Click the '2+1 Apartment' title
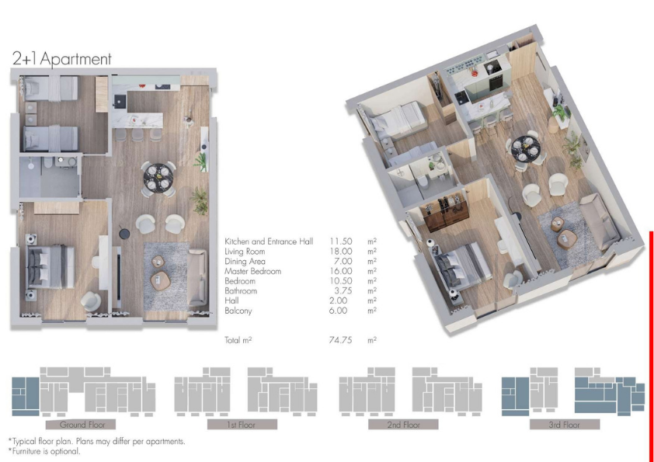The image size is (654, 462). (62, 59)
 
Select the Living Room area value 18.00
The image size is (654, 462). (341, 252)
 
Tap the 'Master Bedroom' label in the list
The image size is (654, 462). (252, 272)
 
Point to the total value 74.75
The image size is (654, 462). (340, 340)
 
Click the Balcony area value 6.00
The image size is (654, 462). (338, 311)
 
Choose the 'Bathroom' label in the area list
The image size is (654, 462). (241, 291)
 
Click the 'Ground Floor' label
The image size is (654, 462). (82, 425)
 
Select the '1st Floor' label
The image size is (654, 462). (242, 425)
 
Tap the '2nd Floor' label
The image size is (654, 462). (403, 425)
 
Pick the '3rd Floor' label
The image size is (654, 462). (565, 425)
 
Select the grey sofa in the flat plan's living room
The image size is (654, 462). (197, 278)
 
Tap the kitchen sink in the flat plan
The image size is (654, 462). (120, 100)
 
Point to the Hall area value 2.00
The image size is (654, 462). (338, 300)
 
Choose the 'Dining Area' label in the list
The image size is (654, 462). (245, 262)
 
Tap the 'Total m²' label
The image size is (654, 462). (238, 340)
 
